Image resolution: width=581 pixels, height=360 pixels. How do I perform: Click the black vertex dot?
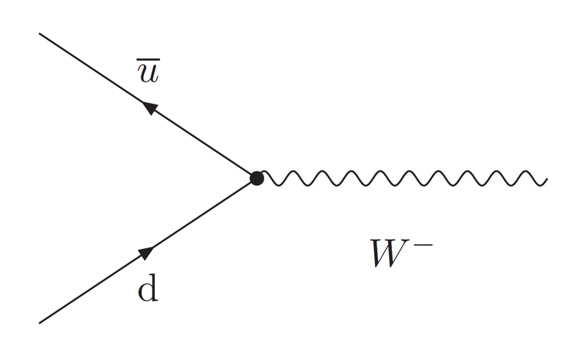click(257, 178)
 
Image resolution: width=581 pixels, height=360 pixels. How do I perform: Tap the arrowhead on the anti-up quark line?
click(150, 108)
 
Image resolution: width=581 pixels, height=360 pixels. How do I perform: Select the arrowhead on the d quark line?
click(147, 252)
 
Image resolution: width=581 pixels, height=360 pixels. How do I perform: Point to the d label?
click(148, 291)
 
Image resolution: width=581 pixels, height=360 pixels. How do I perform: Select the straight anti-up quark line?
click(97, 72)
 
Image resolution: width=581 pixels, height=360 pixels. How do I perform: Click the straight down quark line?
click(97, 285)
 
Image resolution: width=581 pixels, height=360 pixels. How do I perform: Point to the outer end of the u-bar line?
click(41, 34)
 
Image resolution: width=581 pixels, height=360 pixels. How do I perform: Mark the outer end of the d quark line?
click(41, 322)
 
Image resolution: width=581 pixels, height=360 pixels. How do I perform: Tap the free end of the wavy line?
click(546, 179)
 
